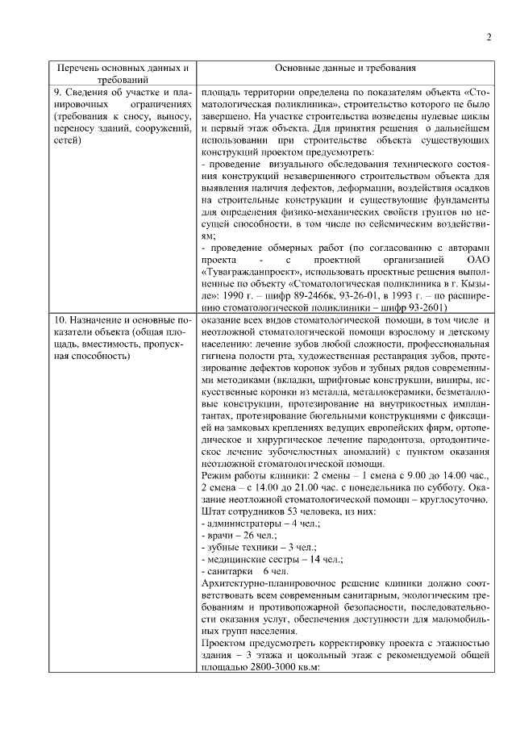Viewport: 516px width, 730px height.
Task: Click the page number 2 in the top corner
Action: pyautogui.click(x=489, y=37)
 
